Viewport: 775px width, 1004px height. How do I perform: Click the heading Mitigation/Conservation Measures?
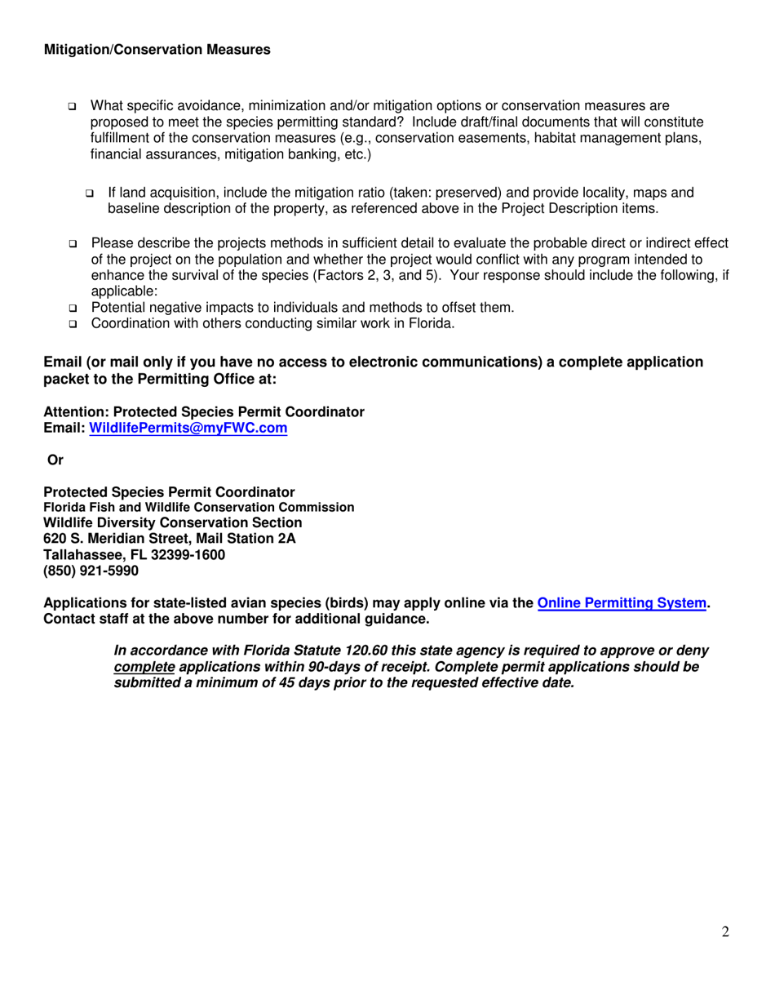156,51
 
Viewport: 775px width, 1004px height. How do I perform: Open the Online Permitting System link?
621,603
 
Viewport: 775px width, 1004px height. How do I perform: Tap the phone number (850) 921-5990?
85,571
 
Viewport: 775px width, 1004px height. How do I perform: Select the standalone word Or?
56,460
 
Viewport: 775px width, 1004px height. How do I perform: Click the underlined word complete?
144,667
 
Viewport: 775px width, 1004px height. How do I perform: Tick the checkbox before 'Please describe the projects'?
73,245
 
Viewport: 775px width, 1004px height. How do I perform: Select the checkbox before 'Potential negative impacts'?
73,309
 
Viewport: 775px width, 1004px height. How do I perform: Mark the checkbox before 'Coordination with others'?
73,324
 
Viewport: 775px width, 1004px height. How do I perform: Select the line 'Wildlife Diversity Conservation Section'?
172,522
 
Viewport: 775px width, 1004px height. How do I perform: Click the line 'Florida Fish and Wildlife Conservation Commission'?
198,507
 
